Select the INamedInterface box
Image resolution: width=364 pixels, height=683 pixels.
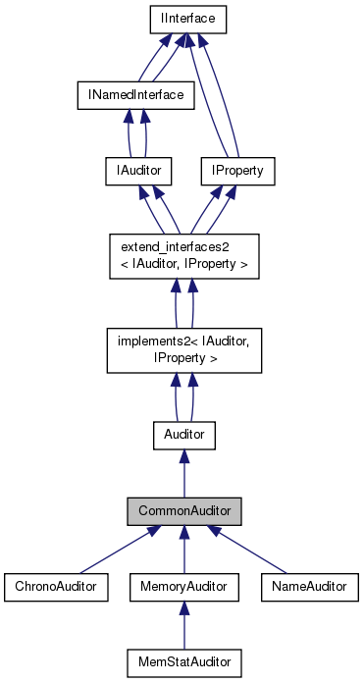point(136,94)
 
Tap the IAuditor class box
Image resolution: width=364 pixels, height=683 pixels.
point(131,172)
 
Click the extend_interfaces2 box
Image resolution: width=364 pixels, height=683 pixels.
point(183,256)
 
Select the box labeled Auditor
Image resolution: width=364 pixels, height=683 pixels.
point(183,432)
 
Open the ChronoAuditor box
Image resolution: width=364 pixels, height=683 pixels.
point(57,586)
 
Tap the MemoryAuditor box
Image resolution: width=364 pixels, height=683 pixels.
point(183,586)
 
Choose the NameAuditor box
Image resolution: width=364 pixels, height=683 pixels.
point(309,586)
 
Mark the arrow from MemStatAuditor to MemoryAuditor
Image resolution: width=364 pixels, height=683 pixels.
point(183,625)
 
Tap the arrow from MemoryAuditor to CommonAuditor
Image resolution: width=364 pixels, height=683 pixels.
point(183,550)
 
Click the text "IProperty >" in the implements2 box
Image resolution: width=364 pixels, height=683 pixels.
point(183,359)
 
